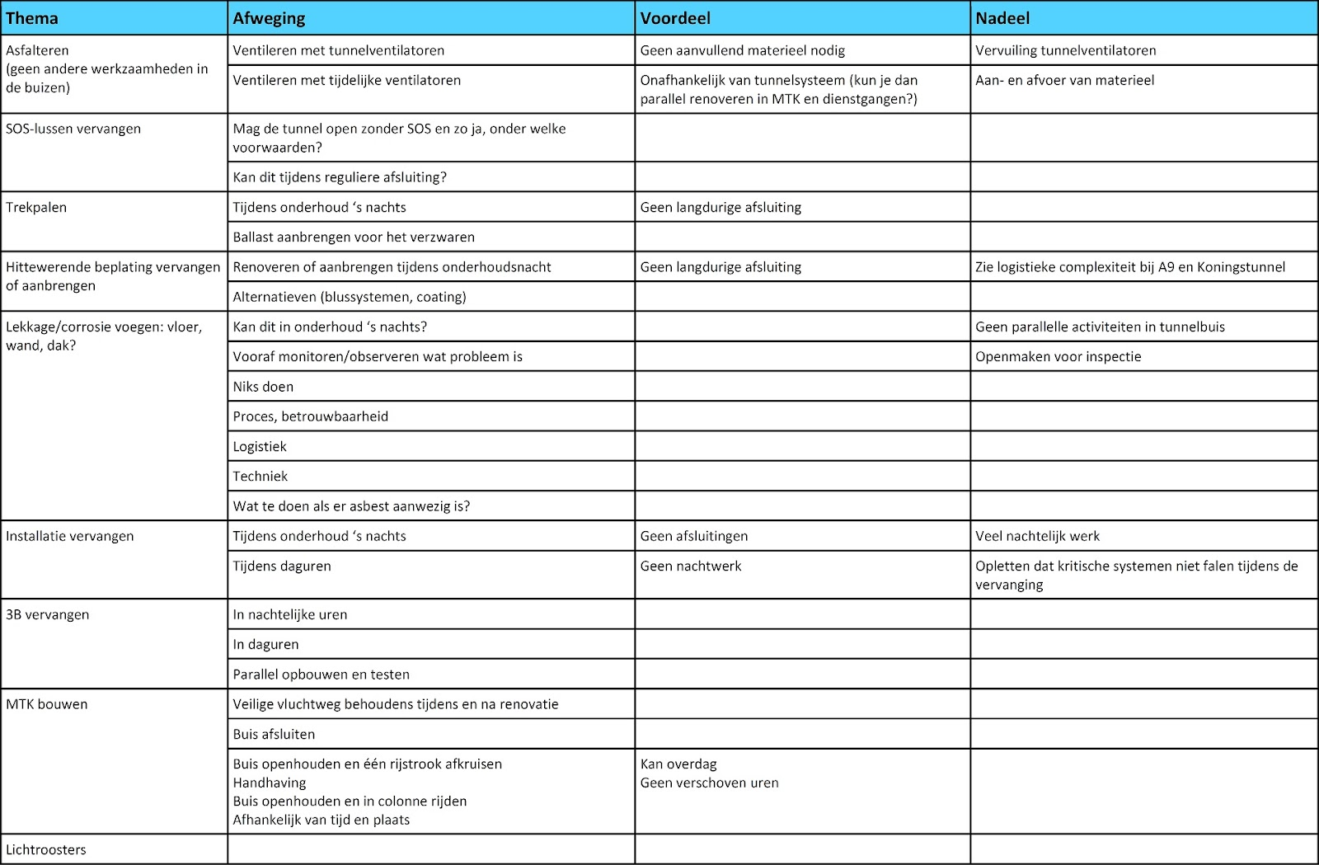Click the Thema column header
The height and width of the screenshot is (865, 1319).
tap(32, 18)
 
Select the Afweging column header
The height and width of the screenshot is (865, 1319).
tap(269, 18)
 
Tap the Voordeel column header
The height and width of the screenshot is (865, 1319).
tap(675, 18)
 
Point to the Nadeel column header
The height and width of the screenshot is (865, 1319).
tap(1002, 18)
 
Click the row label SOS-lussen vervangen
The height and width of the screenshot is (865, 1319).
tap(73, 129)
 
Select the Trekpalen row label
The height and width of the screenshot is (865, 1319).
tap(36, 207)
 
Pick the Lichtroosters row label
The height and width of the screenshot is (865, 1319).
tap(46, 849)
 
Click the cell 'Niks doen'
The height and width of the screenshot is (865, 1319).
tap(263, 387)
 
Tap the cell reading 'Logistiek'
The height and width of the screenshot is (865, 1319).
tap(260, 446)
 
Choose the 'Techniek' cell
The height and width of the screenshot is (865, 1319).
tap(261, 476)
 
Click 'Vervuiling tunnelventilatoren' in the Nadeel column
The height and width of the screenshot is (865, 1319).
tap(1065, 50)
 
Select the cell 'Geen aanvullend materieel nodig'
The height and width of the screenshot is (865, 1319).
tap(742, 50)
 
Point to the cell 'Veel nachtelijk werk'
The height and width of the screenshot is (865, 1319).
tap(1037, 536)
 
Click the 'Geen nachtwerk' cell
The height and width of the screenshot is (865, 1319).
tap(691, 566)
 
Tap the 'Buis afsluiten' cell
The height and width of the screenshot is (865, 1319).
tap(274, 734)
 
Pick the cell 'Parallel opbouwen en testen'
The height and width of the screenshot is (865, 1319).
tap(321, 674)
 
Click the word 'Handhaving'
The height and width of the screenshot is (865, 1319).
tap(270, 783)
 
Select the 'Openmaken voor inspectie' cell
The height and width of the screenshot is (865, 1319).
tap(1058, 356)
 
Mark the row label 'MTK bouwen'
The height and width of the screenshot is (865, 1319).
tap(47, 704)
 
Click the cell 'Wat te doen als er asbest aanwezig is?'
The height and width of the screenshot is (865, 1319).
tap(351, 506)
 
